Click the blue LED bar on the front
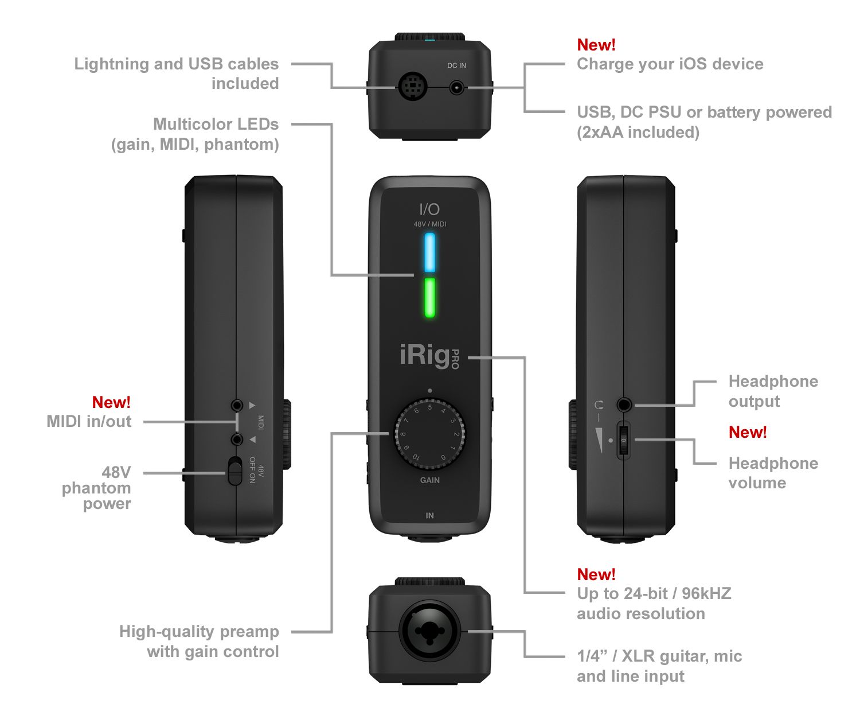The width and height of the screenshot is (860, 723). point(429,252)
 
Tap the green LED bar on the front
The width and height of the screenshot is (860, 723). point(429,297)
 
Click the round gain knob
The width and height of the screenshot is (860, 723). point(429,434)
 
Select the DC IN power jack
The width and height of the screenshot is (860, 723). point(456,88)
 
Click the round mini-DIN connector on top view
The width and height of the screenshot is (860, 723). point(413,88)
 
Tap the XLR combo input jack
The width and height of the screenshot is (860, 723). point(430,631)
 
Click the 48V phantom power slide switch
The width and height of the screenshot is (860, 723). point(234,471)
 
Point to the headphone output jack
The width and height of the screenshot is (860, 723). point(624,405)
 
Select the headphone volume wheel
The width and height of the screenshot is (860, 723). point(624,440)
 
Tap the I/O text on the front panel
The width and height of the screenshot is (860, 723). point(429,209)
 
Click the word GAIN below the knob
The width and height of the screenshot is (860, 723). point(429,480)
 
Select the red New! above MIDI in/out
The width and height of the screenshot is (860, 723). point(111,402)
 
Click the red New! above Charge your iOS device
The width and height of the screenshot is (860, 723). point(596,45)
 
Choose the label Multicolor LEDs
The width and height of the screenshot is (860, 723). point(216,125)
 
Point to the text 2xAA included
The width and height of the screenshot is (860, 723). point(638,133)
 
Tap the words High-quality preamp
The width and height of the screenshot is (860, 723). point(199,632)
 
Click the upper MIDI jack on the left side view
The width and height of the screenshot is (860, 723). point(237,405)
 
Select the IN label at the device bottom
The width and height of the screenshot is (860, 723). point(429,515)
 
